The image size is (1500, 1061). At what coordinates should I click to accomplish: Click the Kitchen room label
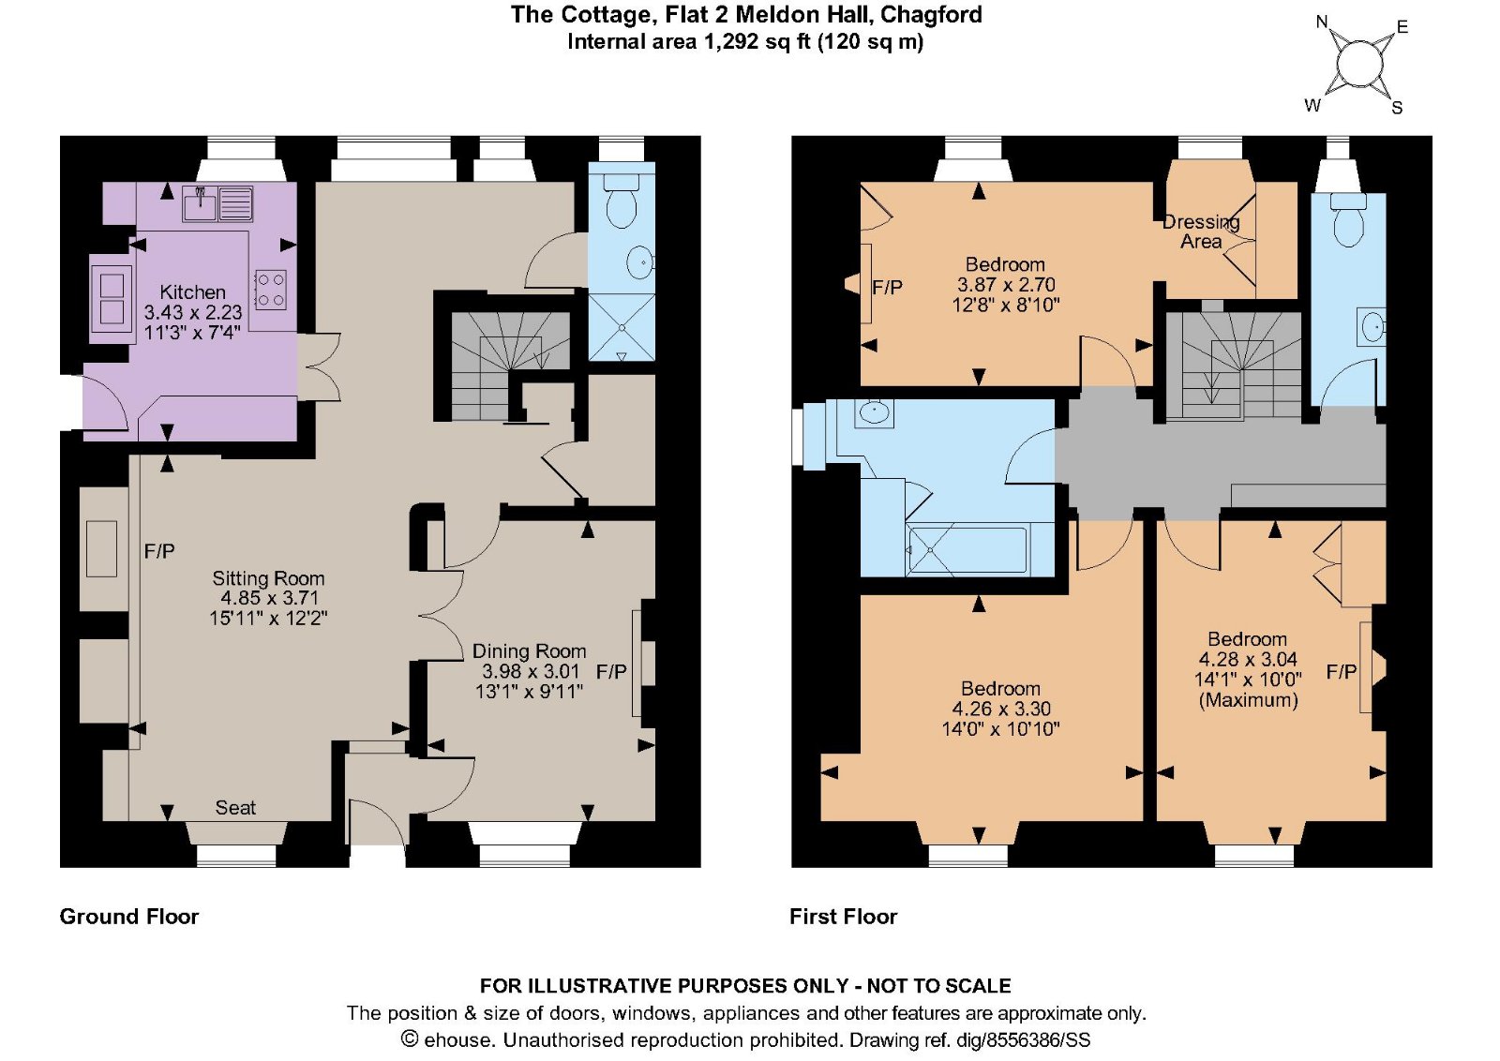[192, 291]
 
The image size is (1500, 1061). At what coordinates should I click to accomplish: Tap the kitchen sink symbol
[200, 202]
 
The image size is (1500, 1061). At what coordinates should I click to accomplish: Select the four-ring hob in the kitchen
[270, 290]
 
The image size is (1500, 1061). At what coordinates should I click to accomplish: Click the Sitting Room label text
[268, 578]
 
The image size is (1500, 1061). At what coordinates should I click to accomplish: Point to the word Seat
[235, 808]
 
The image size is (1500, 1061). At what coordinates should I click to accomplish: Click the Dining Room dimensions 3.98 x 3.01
[531, 671]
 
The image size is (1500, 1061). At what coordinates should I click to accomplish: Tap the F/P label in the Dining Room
[611, 671]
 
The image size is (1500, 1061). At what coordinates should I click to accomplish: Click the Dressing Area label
[1201, 232]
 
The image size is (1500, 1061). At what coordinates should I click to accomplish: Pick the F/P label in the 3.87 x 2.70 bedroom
[887, 288]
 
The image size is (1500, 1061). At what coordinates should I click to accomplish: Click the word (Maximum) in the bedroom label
[1248, 700]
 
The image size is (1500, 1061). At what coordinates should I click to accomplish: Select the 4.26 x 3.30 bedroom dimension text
[1001, 709]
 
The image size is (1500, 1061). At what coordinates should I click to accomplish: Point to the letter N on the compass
[1322, 22]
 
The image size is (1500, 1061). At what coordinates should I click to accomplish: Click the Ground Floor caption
[129, 916]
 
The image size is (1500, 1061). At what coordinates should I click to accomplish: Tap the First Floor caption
[843, 916]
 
